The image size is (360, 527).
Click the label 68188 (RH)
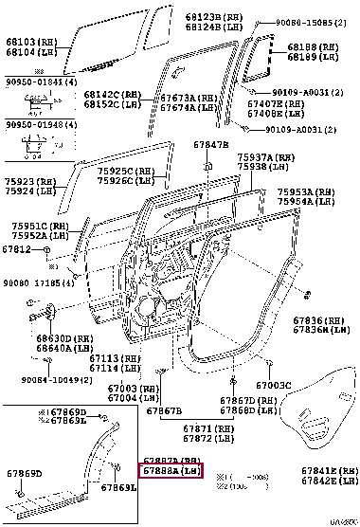coord(315,46)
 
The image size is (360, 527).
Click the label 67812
coord(16,249)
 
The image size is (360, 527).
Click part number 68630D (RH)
coord(64,337)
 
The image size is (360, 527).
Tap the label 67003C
coord(273,386)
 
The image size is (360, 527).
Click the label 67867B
coord(164,410)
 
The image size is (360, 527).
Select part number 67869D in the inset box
coord(63,413)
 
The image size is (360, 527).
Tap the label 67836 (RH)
coord(319,320)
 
